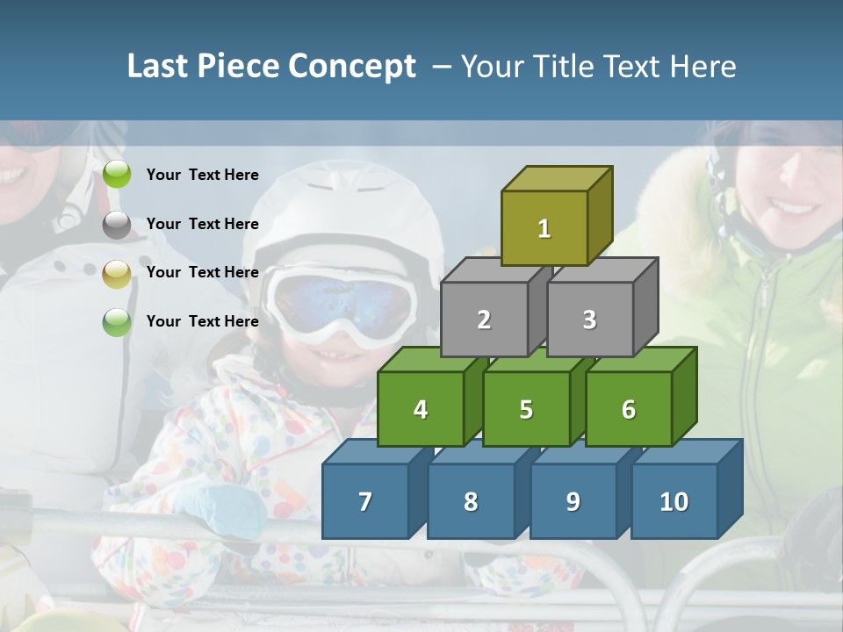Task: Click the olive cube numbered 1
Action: click(x=544, y=228)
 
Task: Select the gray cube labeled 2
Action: click(x=484, y=320)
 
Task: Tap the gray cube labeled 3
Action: click(x=589, y=320)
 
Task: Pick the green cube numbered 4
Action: click(x=421, y=409)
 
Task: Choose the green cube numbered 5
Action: click(x=526, y=409)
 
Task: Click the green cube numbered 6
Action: click(x=629, y=409)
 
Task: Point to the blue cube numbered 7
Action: click(x=365, y=501)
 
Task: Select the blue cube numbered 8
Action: click(x=471, y=501)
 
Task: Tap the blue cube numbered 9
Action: click(x=573, y=501)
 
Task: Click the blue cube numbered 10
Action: click(x=674, y=501)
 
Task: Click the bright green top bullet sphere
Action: click(x=117, y=175)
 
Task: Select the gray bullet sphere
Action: click(x=117, y=225)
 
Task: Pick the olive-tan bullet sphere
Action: click(x=117, y=274)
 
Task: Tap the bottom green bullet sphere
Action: click(x=117, y=322)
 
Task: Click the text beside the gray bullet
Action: click(x=202, y=224)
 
